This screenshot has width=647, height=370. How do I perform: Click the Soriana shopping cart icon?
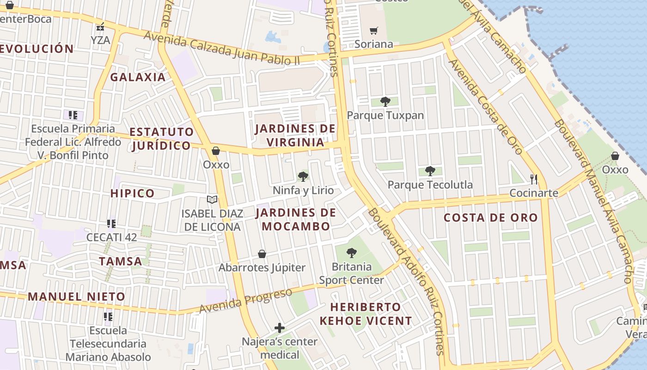click(373, 31)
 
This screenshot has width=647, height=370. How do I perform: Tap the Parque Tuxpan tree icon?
click(385, 102)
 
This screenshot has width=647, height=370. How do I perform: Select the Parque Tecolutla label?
click(430, 185)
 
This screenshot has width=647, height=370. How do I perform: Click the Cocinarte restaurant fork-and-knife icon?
click(534, 179)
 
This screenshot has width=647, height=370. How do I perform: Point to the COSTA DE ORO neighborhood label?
click(491, 218)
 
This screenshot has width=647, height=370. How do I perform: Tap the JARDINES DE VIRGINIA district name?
click(295, 135)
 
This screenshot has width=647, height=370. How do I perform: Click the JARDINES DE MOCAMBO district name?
click(296, 219)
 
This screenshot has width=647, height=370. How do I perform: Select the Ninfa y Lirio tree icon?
click(303, 176)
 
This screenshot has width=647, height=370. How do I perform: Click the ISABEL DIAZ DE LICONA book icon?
click(212, 199)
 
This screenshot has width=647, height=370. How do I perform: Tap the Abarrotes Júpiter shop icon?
click(262, 254)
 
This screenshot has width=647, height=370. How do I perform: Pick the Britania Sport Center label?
click(352, 273)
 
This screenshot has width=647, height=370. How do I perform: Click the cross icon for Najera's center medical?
click(280, 328)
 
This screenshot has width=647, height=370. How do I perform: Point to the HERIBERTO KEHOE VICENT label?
click(366, 314)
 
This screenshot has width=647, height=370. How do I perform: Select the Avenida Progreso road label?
click(246, 301)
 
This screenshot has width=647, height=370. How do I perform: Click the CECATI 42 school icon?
click(111, 224)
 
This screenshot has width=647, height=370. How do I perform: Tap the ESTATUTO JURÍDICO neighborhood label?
click(161, 139)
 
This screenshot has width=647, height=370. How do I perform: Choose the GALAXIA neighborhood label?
click(138, 77)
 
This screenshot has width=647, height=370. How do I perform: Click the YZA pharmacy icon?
click(100, 27)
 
